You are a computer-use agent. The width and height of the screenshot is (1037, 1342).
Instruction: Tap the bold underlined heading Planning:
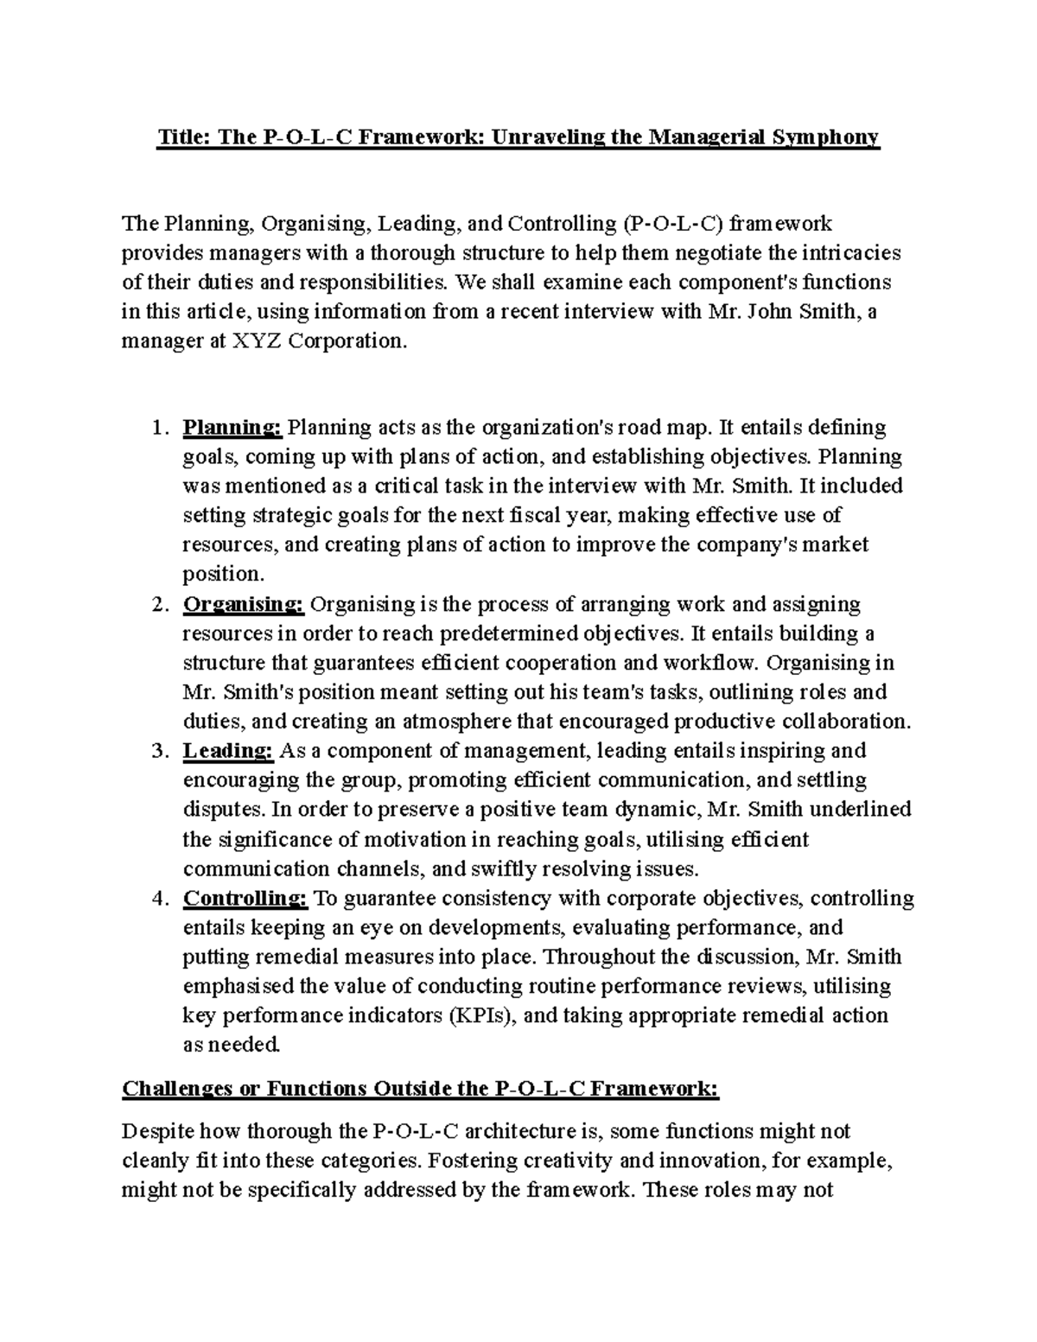[232, 427]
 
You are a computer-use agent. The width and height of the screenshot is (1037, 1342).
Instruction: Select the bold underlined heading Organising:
[243, 603]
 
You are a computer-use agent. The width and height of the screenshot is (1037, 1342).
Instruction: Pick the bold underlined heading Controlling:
[245, 898]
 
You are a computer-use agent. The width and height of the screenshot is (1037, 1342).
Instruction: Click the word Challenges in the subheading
[176, 1088]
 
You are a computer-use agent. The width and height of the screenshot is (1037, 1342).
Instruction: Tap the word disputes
[222, 809]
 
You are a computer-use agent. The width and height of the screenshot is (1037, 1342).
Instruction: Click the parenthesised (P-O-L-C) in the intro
[671, 223]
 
